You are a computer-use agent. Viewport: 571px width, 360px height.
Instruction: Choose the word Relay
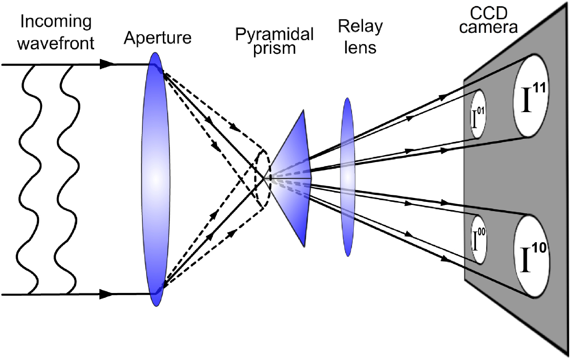click(360, 27)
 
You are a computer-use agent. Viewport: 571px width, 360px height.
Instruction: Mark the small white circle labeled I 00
click(479, 239)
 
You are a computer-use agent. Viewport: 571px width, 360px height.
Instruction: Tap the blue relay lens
click(347, 177)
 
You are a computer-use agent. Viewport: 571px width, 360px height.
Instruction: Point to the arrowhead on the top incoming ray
click(106, 64)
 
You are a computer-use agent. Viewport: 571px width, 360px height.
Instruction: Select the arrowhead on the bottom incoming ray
click(106, 295)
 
